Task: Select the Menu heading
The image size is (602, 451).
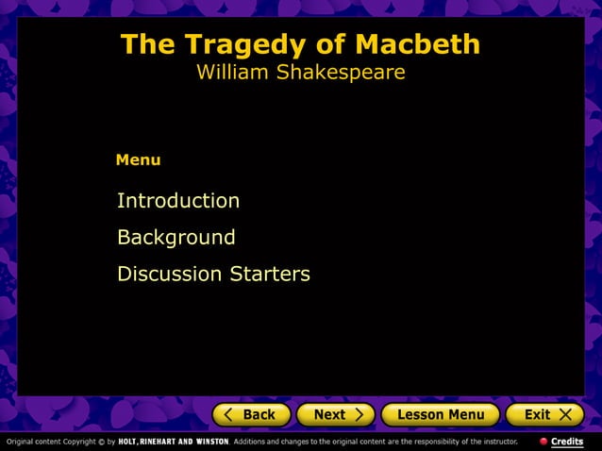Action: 138,160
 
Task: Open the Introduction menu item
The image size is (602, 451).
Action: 177,201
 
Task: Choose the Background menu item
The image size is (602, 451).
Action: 176,238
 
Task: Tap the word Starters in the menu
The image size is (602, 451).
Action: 270,275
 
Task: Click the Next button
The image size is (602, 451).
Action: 335,414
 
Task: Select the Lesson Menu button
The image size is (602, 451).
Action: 441,414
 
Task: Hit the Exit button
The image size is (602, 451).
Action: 544,414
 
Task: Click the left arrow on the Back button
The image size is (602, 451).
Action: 228,414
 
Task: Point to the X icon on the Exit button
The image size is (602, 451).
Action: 565,414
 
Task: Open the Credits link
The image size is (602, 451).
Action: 567,442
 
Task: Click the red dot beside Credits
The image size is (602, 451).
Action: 543,442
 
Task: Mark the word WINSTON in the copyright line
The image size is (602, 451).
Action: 211,442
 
